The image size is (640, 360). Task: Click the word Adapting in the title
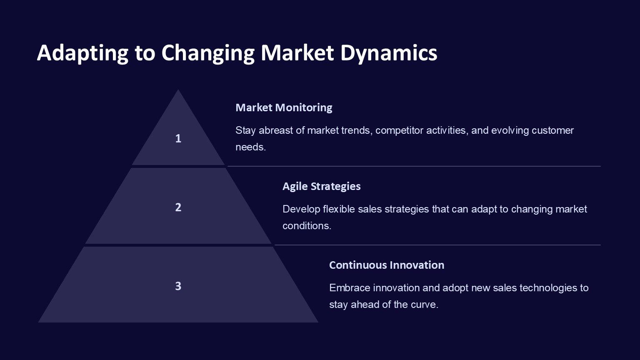pyautogui.click(x=82, y=53)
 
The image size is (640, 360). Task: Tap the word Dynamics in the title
pyautogui.click(x=389, y=53)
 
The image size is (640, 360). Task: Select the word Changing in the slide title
pyautogui.click(x=208, y=53)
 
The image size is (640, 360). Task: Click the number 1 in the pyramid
pyautogui.click(x=178, y=139)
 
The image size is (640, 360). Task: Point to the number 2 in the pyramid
pyautogui.click(x=178, y=207)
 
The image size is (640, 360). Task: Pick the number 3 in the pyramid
pyautogui.click(x=178, y=286)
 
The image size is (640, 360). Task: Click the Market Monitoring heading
pyautogui.click(x=284, y=108)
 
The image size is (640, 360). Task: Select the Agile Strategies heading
pyautogui.click(x=321, y=187)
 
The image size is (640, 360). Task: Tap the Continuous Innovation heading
pyautogui.click(x=387, y=265)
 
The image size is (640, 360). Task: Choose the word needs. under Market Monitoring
pyautogui.click(x=250, y=147)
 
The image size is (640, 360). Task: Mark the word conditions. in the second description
pyautogui.click(x=307, y=226)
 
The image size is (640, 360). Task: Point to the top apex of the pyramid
pyautogui.click(x=178, y=90)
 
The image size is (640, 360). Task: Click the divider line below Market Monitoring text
pyautogui.click(x=414, y=166)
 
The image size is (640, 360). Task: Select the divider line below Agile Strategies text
pyautogui.click(x=437, y=245)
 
